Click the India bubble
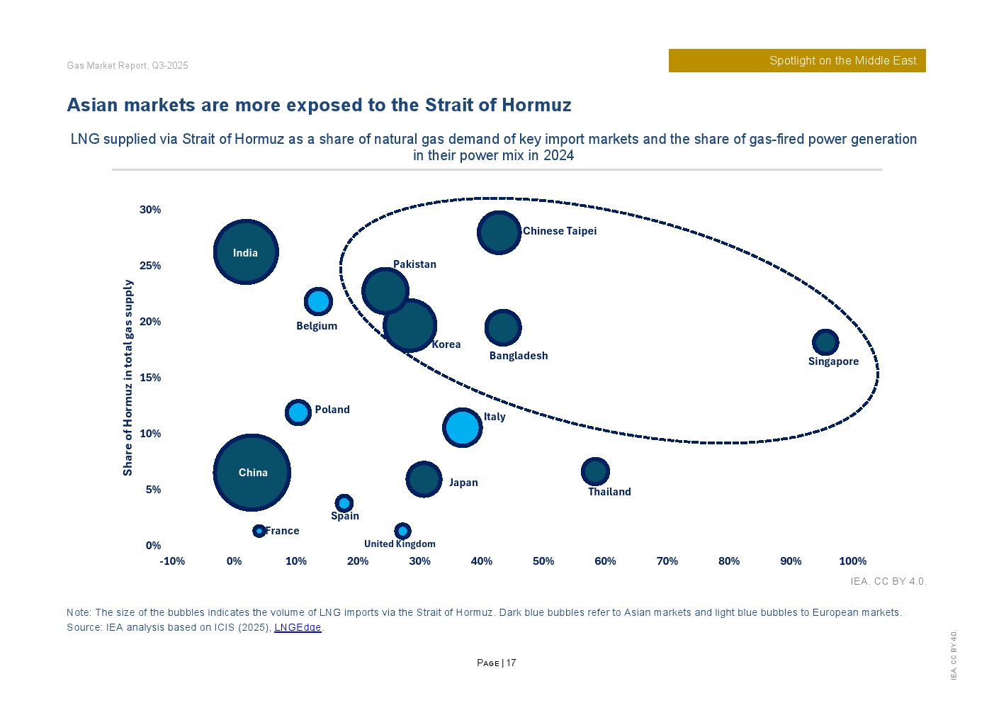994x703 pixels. click(x=246, y=252)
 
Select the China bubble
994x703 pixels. click(x=252, y=472)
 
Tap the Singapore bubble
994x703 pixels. click(x=825, y=342)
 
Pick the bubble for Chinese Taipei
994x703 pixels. click(x=499, y=232)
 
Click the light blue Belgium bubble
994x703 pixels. click(x=318, y=302)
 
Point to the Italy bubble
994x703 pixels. click(x=463, y=427)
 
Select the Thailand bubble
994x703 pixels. click(x=595, y=471)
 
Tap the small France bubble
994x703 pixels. click(x=259, y=531)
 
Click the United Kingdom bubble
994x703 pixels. click(x=402, y=531)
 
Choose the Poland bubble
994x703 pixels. click(x=298, y=412)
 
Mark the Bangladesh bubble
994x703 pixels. click(x=503, y=327)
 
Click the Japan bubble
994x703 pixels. click(x=424, y=479)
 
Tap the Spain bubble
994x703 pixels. click(x=344, y=503)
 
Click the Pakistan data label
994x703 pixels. click(x=414, y=264)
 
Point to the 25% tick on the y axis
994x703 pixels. click(x=150, y=266)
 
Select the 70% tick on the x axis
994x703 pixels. click(x=667, y=561)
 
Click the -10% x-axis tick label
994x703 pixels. click(x=172, y=561)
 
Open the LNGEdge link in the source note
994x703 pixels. click(x=298, y=627)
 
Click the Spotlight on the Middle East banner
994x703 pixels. click(x=797, y=61)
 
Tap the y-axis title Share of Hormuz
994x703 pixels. click(x=128, y=377)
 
